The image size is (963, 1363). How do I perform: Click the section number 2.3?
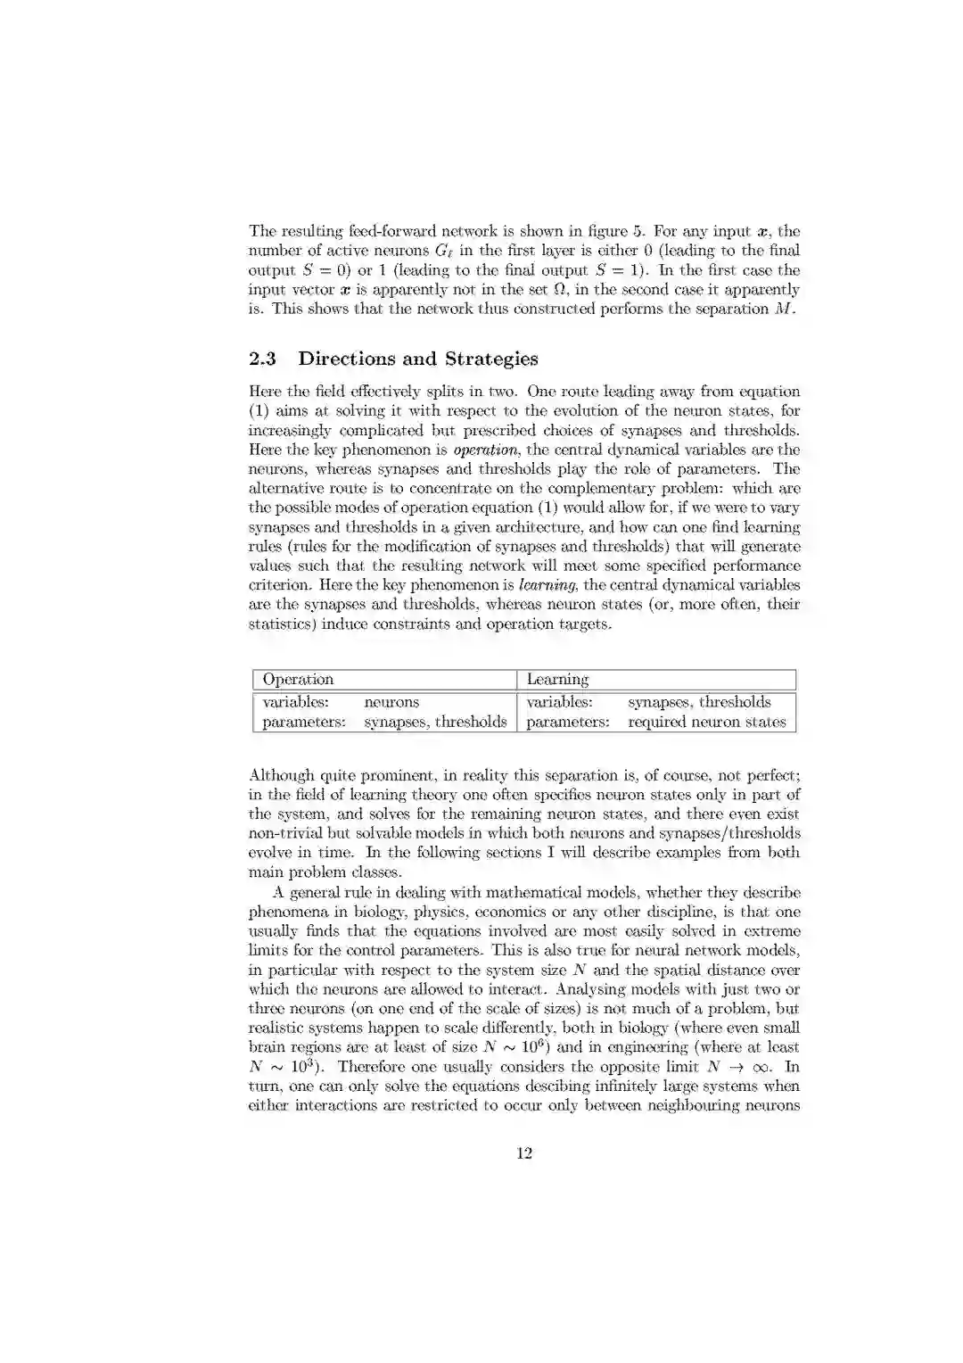pos(262,359)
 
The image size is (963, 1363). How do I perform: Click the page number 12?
pos(524,1152)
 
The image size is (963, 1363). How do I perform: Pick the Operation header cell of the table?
pos(298,680)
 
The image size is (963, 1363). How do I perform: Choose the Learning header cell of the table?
pos(557,680)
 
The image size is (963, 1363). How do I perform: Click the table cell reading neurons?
pos(391,702)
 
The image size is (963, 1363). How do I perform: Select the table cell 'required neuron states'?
pos(706,722)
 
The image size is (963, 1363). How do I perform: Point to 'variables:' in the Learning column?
pos(559,702)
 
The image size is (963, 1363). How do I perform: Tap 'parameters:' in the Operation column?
pos(303,722)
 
